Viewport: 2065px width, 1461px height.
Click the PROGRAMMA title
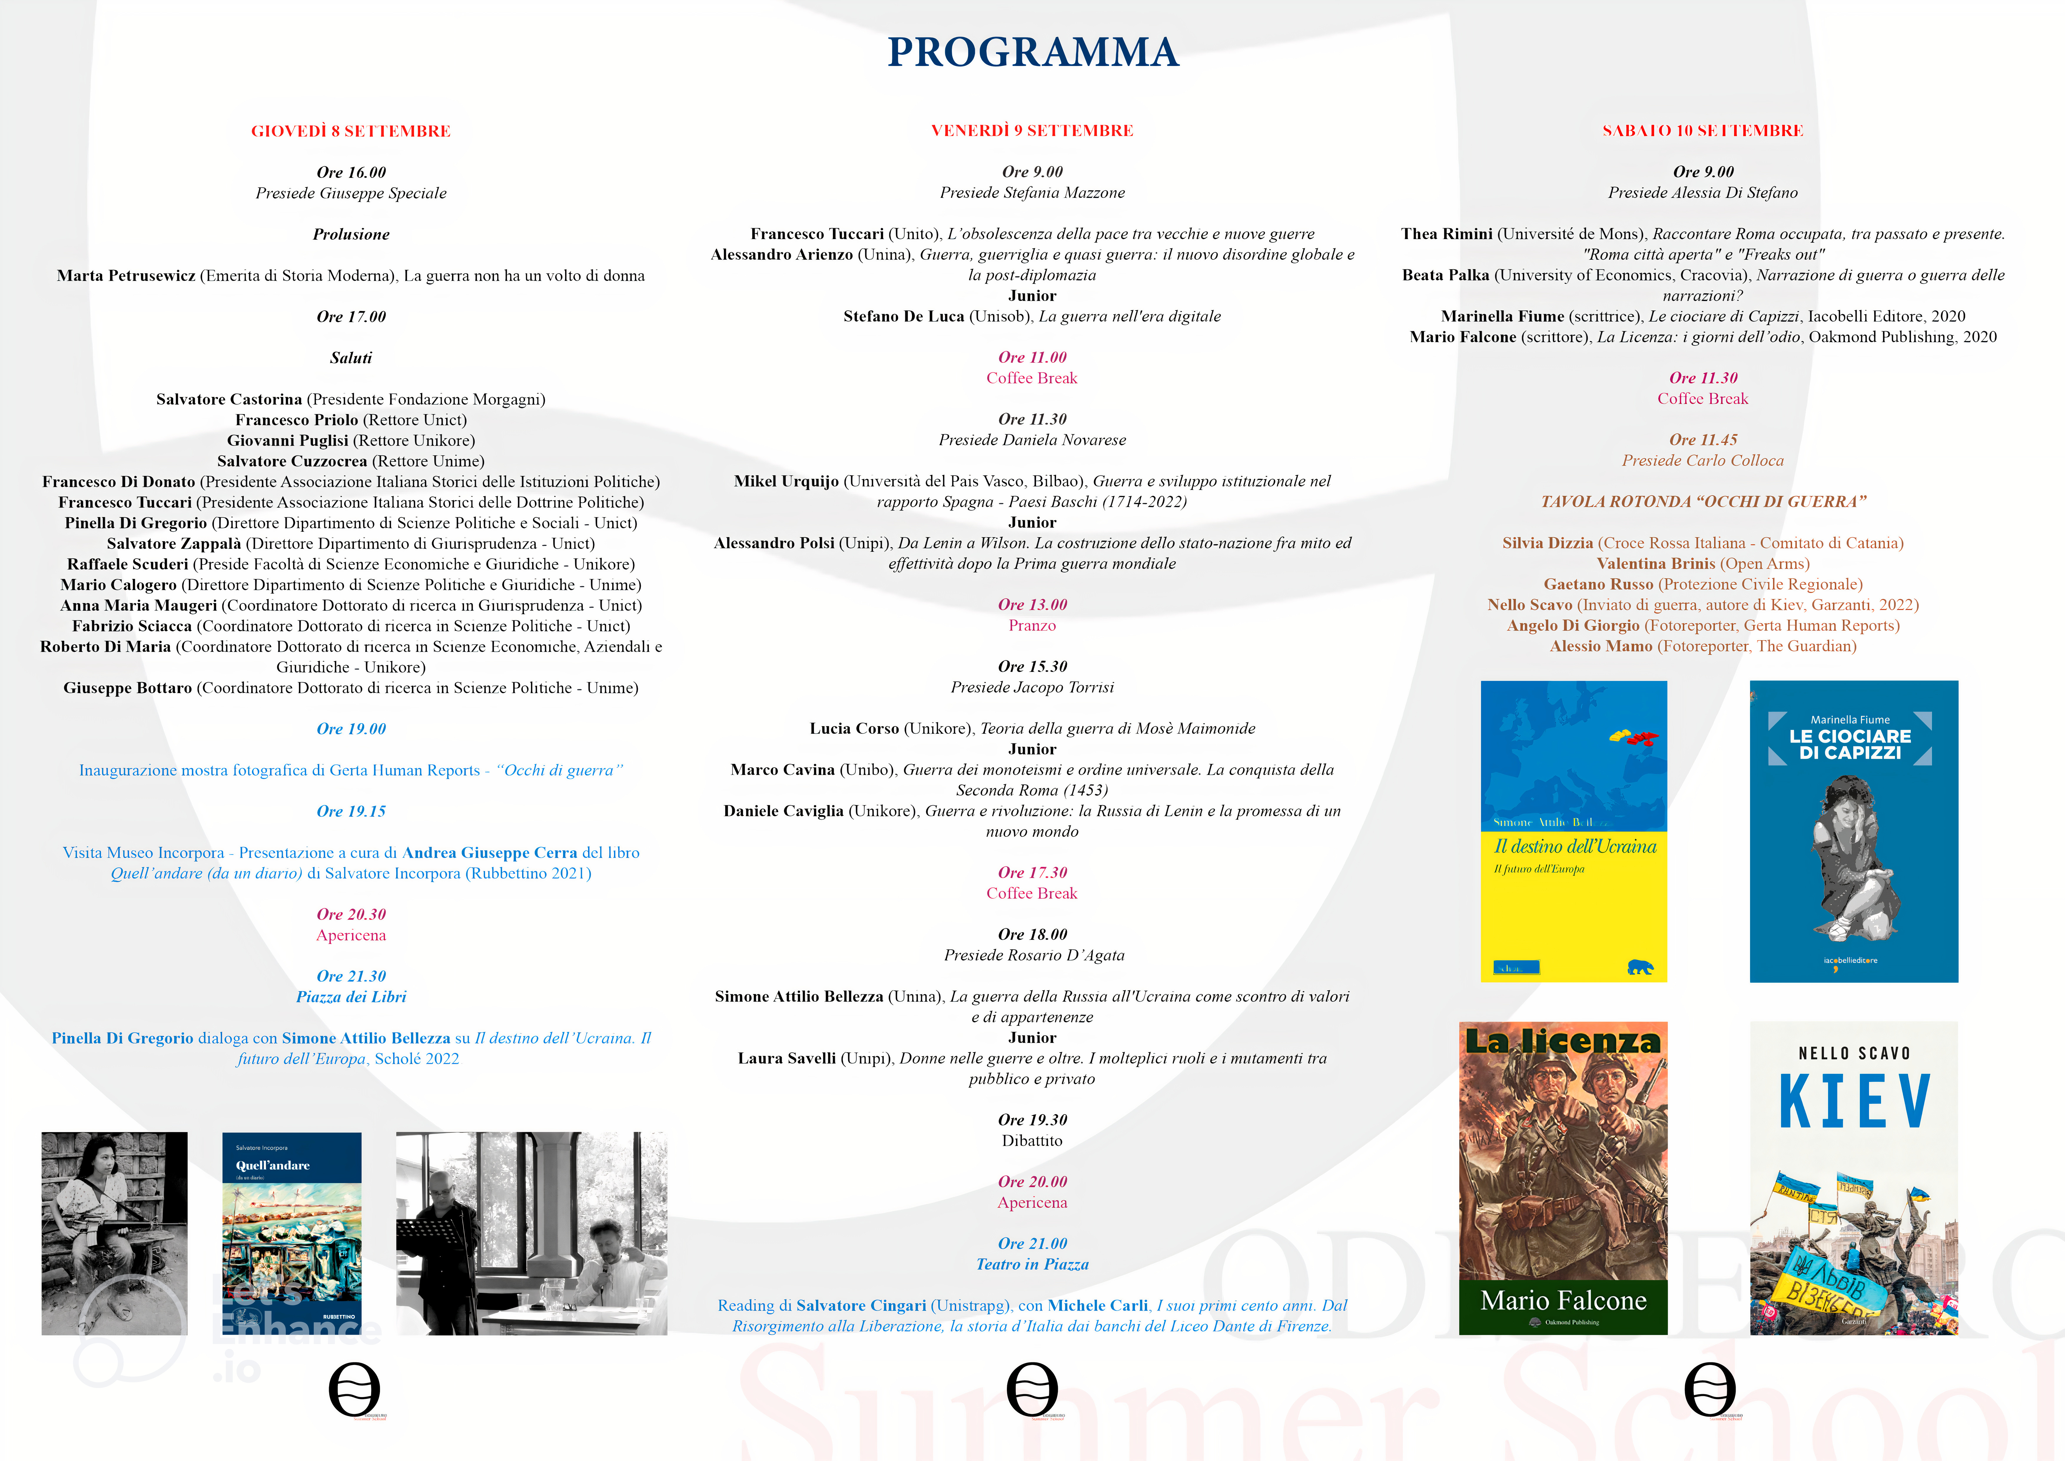(x=1032, y=52)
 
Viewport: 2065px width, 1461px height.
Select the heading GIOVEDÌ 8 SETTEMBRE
(x=351, y=131)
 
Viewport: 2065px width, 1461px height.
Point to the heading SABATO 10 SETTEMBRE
(x=1703, y=130)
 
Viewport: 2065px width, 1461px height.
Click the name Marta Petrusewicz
(x=126, y=275)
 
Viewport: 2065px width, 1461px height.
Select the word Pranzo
(x=1032, y=625)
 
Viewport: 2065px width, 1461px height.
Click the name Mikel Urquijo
(x=786, y=481)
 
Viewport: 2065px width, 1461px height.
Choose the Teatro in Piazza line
(x=1032, y=1264)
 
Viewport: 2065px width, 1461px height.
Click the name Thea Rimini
(x=1446, y=234)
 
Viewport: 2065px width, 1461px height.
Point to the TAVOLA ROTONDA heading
(x=1703, y=501)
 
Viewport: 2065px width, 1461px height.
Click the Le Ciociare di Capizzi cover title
(x=1850, y=744)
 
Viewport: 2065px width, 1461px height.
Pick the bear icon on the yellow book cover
(x=1640, y=968)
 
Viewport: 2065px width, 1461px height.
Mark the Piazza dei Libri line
(x=351, y=997)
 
